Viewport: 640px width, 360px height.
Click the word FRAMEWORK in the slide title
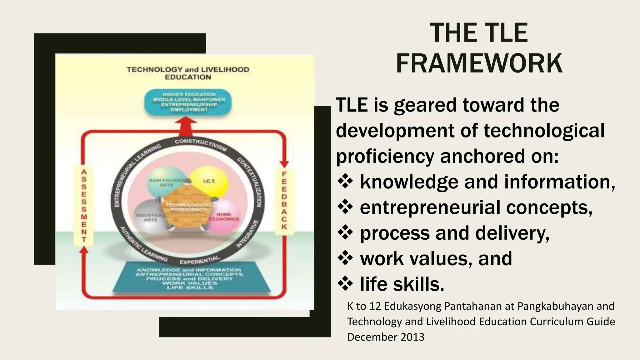[479, 63]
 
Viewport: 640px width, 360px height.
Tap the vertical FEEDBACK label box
[284, 200]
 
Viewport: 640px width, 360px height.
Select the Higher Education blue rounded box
[189, 102]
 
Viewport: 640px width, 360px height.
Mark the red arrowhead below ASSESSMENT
[84, 250]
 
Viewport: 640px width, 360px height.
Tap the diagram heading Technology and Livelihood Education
[188, 73]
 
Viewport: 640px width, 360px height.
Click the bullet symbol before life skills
[345, 284]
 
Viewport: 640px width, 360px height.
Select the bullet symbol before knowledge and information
[345, 182]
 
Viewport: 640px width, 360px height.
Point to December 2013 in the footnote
[386, 337]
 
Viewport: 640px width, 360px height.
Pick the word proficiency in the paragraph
[385, 156]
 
